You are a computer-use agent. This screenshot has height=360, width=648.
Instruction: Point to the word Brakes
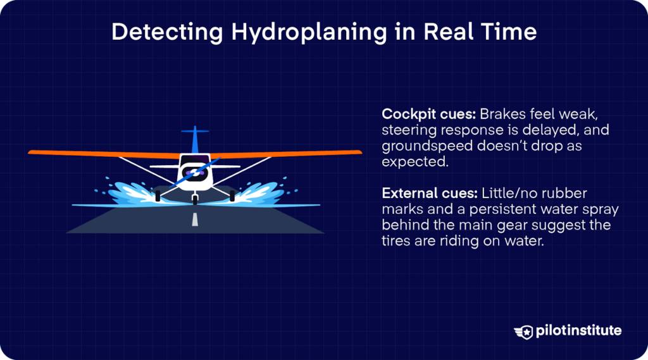point(501,115)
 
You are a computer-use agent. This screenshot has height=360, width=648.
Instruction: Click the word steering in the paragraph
point(406,130)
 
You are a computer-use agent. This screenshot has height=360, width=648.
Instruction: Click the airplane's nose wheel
point(195,199)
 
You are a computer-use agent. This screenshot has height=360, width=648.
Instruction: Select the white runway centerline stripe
point(195,220)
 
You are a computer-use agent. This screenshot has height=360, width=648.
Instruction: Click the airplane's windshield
point(195,159)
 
